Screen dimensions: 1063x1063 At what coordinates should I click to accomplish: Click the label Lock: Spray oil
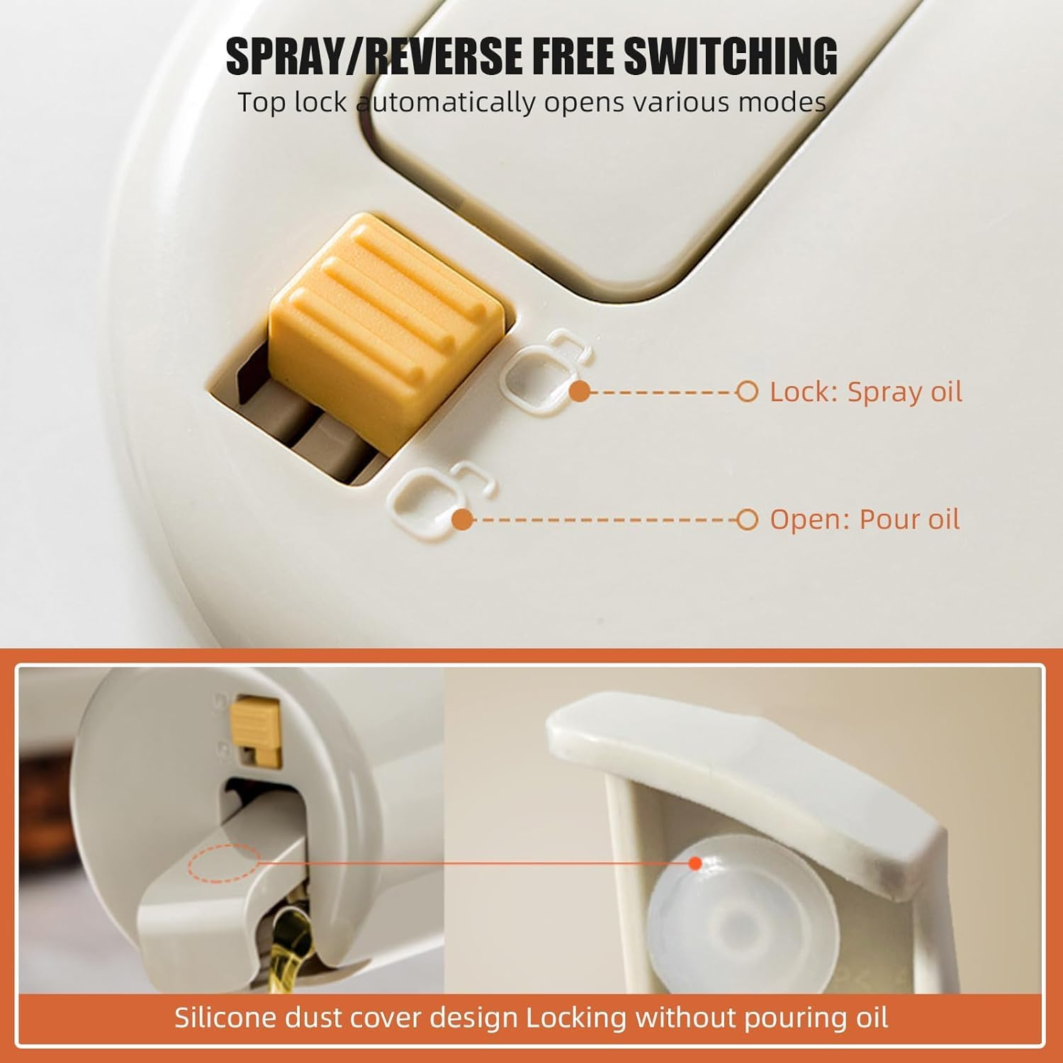[866, 391]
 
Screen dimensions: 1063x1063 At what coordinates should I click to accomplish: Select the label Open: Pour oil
[865, 519]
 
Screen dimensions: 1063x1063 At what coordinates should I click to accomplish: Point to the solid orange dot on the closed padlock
[580, 391]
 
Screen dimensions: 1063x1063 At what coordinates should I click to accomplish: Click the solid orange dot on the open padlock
[462, 519]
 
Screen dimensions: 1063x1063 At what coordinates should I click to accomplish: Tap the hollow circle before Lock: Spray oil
[747, 391]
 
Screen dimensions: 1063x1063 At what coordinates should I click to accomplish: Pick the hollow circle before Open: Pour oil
[747, 519]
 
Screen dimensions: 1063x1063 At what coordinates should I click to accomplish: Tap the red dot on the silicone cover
[695, 863]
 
